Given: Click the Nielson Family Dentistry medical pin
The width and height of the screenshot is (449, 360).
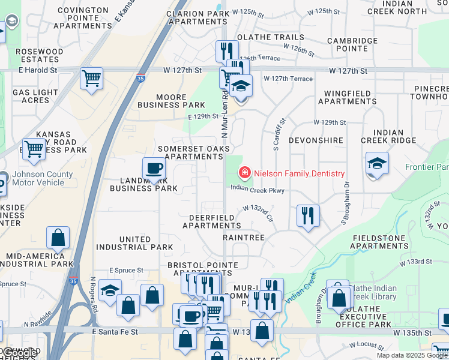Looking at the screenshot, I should (x=244, y=173).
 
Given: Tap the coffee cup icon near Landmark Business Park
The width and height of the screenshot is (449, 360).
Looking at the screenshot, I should (x=154, y=169).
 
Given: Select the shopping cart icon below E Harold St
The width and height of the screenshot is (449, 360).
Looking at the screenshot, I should (x=91, y=78).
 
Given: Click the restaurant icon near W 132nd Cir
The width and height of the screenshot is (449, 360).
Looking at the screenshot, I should (x=308, y=215).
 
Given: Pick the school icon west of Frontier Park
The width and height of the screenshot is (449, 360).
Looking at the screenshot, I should (x=377, y=164).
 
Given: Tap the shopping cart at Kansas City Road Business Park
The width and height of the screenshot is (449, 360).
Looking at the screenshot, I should (x=34, y=148).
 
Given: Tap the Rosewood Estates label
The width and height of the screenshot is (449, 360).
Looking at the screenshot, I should (x=40, y=56).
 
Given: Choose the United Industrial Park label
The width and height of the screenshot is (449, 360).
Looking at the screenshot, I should (x=134, y=243).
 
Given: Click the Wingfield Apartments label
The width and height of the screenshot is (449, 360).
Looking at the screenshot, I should (x=347, y=97).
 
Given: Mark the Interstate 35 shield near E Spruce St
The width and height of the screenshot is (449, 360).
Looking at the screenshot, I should (x=73, y=280).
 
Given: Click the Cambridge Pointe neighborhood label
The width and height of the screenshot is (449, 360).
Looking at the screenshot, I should (x=352, y=44).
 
